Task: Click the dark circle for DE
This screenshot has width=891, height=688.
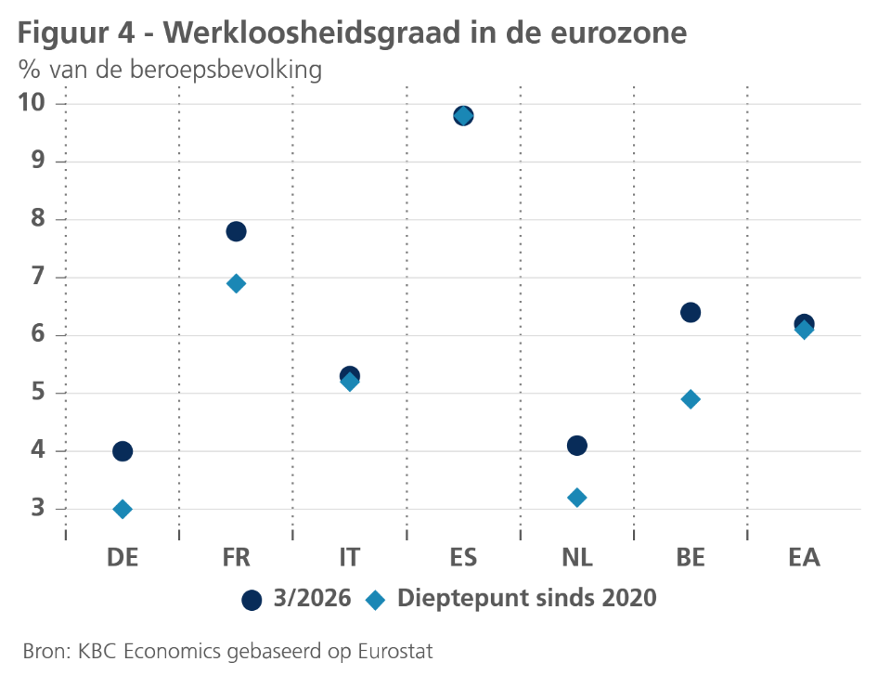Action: click(x=123, y=451)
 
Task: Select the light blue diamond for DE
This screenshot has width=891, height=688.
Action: click(x=123, y=509)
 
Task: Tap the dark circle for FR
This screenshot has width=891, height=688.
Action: click(x=236, y=231)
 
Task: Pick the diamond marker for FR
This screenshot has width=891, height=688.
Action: click(x=236, y=283)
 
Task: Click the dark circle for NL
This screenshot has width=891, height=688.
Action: click(x=576, y=446)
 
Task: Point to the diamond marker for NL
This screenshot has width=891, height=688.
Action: click(x=576, y=498)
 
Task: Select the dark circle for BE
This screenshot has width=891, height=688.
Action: click(x=691, y=312)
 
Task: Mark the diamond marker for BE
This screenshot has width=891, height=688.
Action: click(x=691, y=399)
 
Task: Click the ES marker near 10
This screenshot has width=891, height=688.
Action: click(x=463, y=116)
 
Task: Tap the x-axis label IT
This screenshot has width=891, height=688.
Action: click(x=349, y=557)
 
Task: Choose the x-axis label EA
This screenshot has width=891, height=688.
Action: click(x=804, y=557)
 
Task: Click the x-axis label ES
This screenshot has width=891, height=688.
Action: click(x=463, y=557)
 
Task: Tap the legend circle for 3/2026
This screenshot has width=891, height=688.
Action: click(x=252, y=600)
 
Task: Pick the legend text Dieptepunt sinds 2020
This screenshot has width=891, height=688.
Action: click(x=526, y=599)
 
